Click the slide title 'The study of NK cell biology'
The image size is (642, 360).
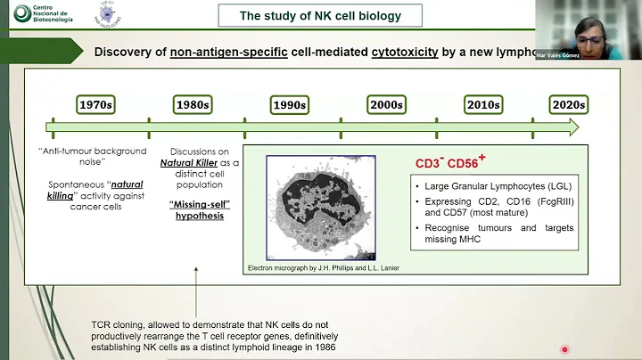pos(320,15)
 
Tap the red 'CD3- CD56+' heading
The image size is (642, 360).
pos(451,163)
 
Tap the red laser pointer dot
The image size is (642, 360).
pos(564,350)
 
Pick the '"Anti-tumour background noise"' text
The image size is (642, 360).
pos(93,157)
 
